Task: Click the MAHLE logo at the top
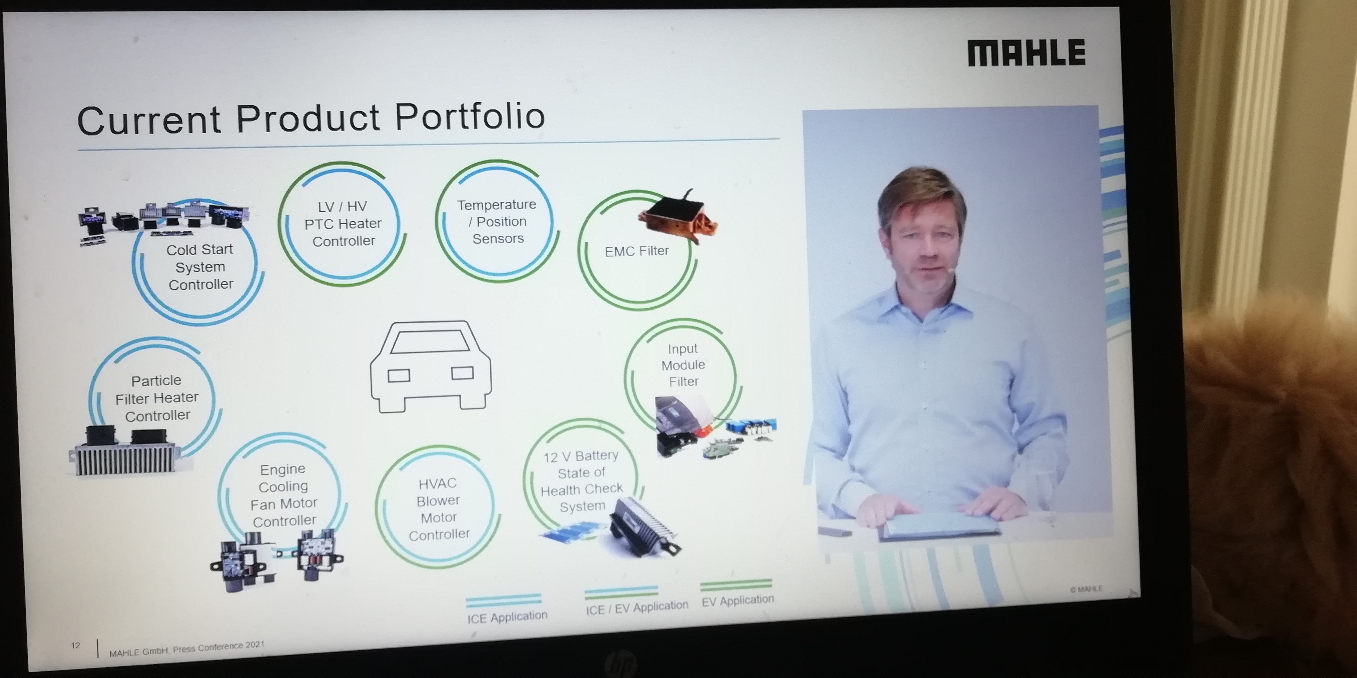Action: point(1026,52)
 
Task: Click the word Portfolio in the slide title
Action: point(469,116)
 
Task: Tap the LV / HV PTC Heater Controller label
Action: point(343,224)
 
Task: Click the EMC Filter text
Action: point(637,251)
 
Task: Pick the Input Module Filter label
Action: point(683,365)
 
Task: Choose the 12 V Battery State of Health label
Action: point(582,480)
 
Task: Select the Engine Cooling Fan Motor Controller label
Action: point(283,495)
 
